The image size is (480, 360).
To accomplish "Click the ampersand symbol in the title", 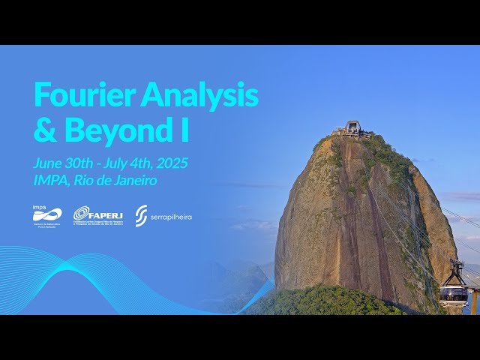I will click(x=45, y=130).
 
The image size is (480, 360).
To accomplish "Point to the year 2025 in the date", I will click(x=173, y=163).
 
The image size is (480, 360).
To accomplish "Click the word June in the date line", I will click(x=46, y=163).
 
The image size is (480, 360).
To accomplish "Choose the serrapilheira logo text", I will click(x=171, y=217).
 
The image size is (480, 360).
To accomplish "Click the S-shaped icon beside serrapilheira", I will click(x=141, y=216).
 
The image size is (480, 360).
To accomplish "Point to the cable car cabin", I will click(x=454, y=291).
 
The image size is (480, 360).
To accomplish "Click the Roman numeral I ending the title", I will click(x=184, y=130).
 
